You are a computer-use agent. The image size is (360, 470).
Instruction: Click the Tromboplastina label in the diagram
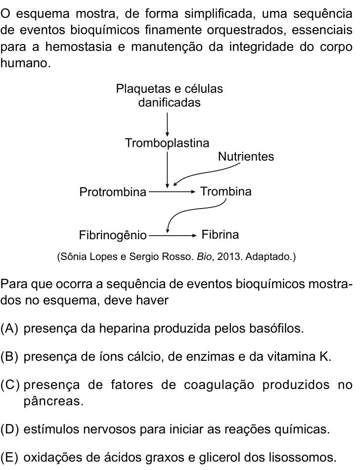click(167, 143)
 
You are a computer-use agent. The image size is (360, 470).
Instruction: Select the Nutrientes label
click(246, 157)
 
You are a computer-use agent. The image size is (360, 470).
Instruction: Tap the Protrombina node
click(113, 192)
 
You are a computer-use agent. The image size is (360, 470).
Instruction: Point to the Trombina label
click(225, 191)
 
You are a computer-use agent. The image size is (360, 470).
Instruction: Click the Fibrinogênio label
click(113, 235)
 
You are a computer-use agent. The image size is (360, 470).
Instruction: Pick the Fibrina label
click(220, 234)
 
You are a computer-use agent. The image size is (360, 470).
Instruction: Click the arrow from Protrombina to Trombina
click(172, 192)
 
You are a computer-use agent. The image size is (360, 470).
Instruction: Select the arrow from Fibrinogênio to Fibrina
click(173, 236)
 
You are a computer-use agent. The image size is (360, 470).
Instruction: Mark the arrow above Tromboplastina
click(167, 125)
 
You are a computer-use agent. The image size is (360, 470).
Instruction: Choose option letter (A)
click(9, 329)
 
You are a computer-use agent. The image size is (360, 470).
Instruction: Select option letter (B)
click(9, 357)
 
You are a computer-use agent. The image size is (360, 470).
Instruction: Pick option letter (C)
click(9, 385)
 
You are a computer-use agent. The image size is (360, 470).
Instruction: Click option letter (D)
click(9, 429)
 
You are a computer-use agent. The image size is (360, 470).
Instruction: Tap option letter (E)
click(9, 458)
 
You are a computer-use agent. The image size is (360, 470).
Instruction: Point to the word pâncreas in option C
click(53, 401)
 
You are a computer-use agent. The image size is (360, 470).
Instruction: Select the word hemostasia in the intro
click(79, 47)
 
